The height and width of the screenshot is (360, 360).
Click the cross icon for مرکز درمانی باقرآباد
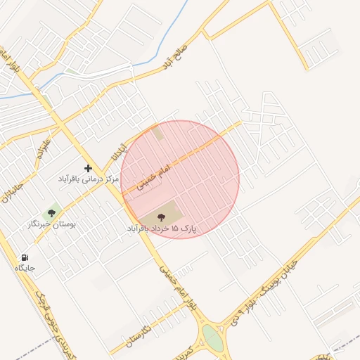point(88,168)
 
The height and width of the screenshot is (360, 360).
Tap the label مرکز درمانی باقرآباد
point(89,180)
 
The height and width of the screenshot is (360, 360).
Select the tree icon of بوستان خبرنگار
point(51,212)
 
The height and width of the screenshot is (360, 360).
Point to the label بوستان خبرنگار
point(51,224)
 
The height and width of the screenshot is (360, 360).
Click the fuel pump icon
point(25,257)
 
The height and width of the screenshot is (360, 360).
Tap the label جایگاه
point(25,269)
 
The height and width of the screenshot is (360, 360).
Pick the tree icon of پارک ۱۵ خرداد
point(162,217)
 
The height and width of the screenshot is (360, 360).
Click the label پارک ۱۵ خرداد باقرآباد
point(162,229)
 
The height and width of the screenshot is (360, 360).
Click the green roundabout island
point(212,337)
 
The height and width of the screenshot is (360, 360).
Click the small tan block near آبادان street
point(157,132)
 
